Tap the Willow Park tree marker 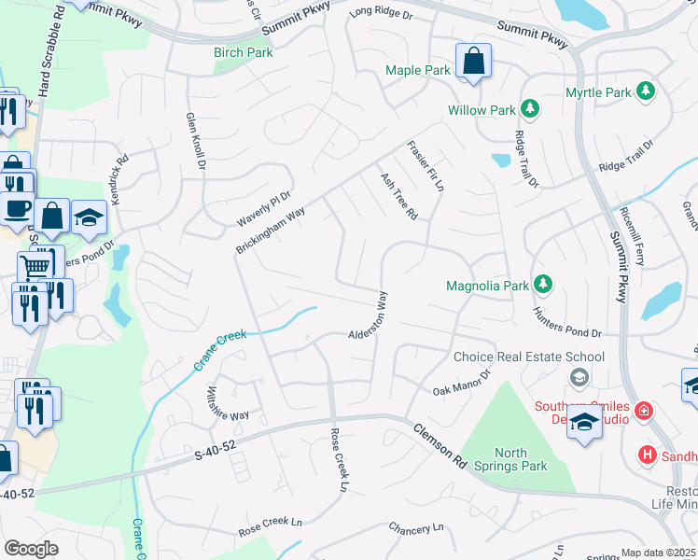click(x=529, y=110)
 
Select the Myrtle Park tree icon click(x=644, y=91)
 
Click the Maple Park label click(x=418, y=70)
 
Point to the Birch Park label click(x=244, y=53)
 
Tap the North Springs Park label click(x=521, y=458)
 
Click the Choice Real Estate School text click(x=528, y=357)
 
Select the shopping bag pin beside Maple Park click(x=473, y=63)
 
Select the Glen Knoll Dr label click(x=194, y=140)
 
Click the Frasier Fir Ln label click(x=425, y=166)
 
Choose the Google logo click(x=31, y=548)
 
